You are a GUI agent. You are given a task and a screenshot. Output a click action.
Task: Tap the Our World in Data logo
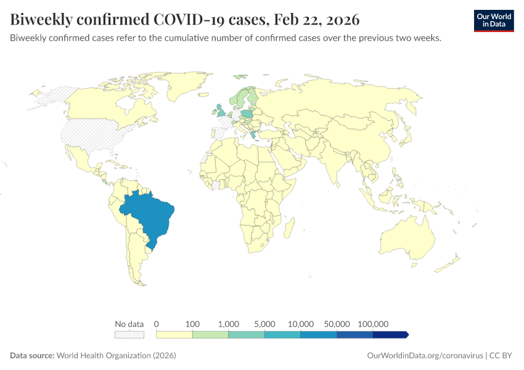click(493, 20)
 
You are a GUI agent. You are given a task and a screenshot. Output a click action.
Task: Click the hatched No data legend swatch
click(129, 334)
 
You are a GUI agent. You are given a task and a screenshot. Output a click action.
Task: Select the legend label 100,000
click(373, 324)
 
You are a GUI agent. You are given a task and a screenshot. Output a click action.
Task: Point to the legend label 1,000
click(228, 324)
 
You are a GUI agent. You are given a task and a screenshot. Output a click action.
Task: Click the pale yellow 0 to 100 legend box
click(174, 334)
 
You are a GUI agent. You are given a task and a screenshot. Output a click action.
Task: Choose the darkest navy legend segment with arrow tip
click(390, 334)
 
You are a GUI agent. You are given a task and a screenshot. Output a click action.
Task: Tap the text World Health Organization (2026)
click(117, 356)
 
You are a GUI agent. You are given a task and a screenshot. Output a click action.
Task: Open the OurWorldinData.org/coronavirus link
click(424, 356)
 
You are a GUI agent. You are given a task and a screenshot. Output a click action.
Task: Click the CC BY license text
click(502, 356)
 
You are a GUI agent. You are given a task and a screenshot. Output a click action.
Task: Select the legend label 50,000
click(337, 324)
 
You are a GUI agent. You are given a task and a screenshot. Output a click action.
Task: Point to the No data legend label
click(129, 324)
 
